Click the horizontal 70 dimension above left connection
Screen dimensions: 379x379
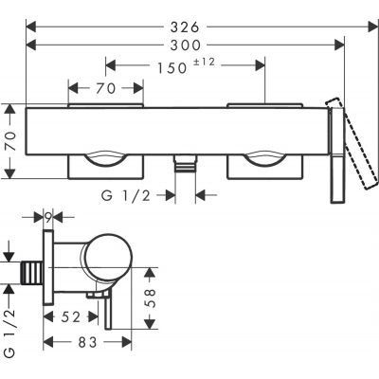click(x=106, y=90)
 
